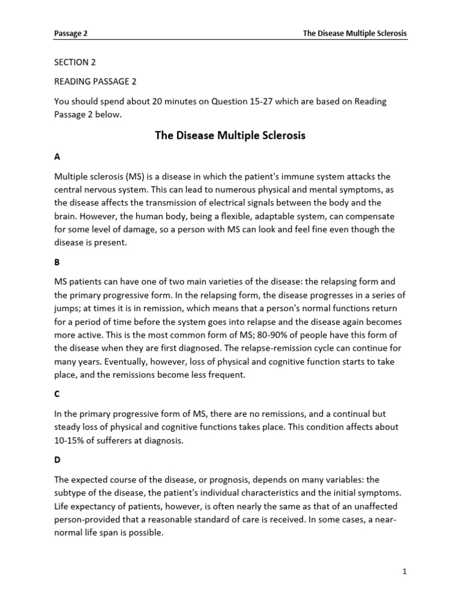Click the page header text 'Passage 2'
[x=71, y=34]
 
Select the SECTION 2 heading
[x=75, y=62]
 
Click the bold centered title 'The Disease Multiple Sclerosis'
[x=230, y=136]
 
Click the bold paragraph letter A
[x=58, y=156]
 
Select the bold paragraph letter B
[x=58, y=262]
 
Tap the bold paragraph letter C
[x=58, y=394]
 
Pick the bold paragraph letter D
[x=58, y=460]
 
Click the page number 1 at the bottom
[x=405, y=572]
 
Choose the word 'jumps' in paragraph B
[x=68, y=308]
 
